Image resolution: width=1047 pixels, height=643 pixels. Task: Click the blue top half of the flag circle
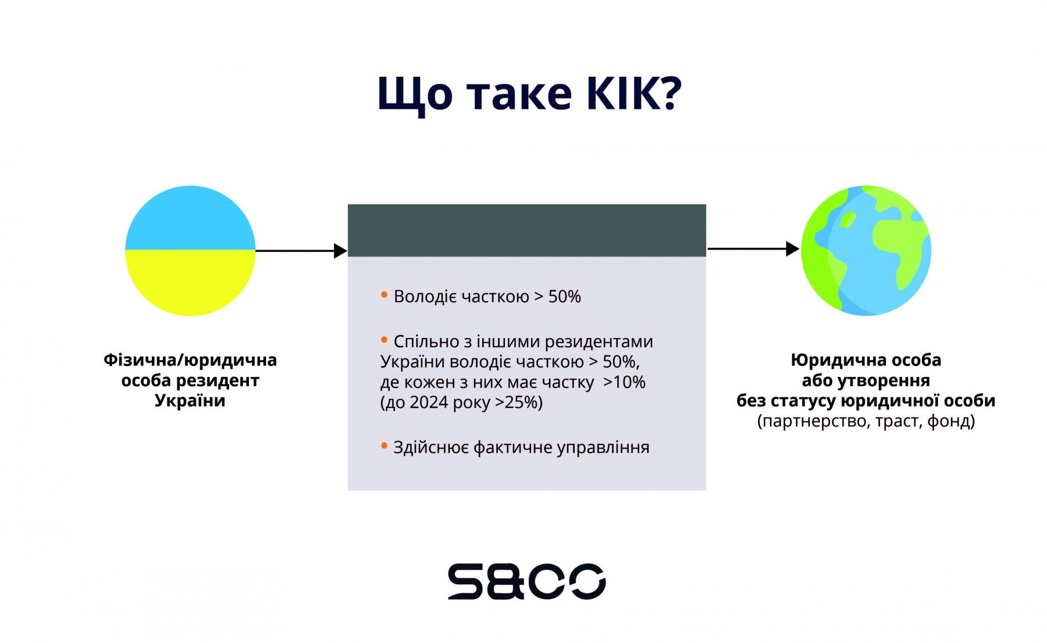(x=190, y=218)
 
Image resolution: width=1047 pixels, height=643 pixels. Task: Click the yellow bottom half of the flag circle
(x=190, y=283)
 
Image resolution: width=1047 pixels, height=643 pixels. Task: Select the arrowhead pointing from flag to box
(x=340, y=251)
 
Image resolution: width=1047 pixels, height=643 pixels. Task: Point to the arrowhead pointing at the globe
(x=793, y=249)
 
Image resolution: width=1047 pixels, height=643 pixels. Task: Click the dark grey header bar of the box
(x=527, y=230)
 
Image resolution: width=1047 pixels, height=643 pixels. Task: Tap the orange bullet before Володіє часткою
(x=384, y=295)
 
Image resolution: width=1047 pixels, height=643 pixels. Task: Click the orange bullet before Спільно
(x=384, y=339)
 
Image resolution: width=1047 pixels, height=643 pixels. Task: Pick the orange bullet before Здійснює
(x=384, y=446)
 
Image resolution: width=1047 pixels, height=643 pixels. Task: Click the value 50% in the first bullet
(x=564, y=297)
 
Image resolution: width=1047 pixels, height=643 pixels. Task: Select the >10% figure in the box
(x=624, y=382)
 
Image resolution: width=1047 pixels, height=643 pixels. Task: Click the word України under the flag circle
(x=190, y=401)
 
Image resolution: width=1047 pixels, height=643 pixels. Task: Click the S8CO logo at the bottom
(x=526, y=581)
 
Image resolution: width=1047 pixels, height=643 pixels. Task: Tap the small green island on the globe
(x=848, y=219)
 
